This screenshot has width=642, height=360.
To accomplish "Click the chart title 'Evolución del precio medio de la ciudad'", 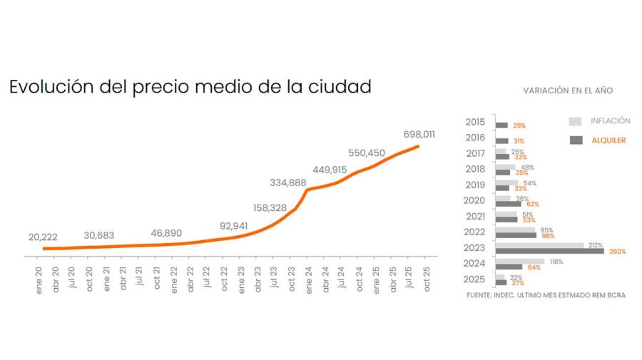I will pyautogui.click(x=190, y=88).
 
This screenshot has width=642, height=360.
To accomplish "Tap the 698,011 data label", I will pyautogui.click(x=419, y=134).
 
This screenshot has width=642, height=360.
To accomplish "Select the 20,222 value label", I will pyautogui.click(x=43, y=237).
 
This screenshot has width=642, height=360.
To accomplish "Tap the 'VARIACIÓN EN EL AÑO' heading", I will pyautogui.click(x=568, y=91).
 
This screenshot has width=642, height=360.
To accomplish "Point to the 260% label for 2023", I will pyautogui.click(x=617, y=252).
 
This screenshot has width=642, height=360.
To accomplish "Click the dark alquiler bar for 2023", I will pyautogui.click(x=549, y=251).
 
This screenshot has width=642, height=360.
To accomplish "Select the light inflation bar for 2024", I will pyautogui.click(x=520, y=262).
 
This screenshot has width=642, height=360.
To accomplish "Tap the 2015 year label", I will pyautogui.click(x=475, y=122).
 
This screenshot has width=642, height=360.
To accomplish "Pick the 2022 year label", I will pyautogui.click(x=475, y=232).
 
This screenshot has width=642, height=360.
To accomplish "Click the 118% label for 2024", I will pyautogui.click(x=556, y=262).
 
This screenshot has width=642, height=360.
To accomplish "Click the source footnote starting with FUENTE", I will pyautogui.click(x=546, y=295).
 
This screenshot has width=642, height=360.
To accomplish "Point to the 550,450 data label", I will pyautogui.click(x=367, y=153).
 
